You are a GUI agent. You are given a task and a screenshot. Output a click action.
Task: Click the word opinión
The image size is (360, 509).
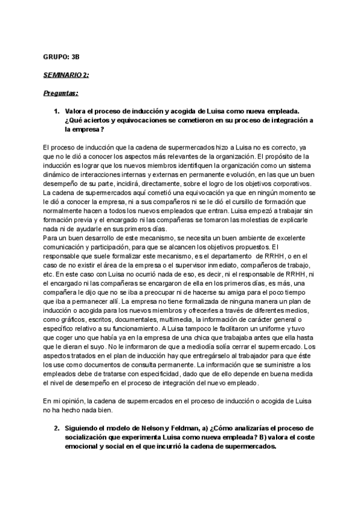[73, 401]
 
